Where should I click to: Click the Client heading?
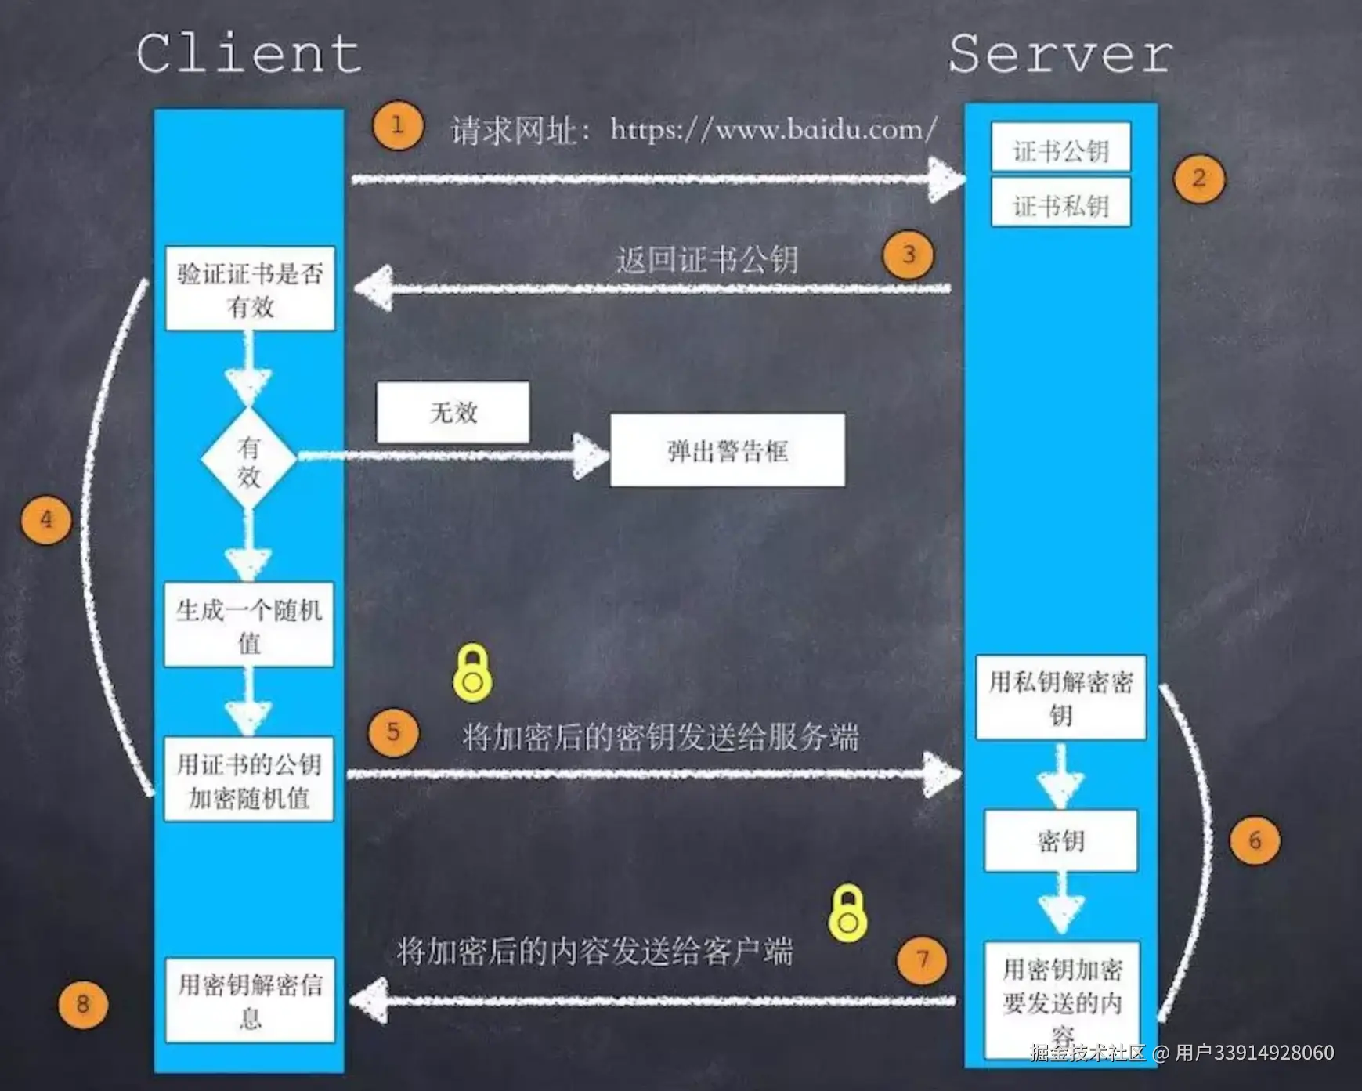pos(249,54)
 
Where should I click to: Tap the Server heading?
pos(1060,54)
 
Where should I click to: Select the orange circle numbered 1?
pos(398,125)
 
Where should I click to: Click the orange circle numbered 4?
pos(46,520)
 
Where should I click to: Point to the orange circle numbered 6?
pos(1255,840)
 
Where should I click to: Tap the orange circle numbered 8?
pos(83,1004)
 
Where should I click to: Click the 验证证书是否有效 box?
pos(250,288)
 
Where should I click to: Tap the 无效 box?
pos(453,413)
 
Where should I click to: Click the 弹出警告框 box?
pos(727,450)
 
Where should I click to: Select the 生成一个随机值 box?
pos(249,625)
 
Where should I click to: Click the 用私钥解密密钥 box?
pos(1060,698)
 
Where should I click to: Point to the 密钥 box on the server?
pos(1060,841)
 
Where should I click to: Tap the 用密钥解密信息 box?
pos(250,999)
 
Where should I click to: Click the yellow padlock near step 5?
pos(472,673)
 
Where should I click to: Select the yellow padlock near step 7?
pos(847,913)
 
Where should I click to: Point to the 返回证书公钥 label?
pos(706,259)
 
